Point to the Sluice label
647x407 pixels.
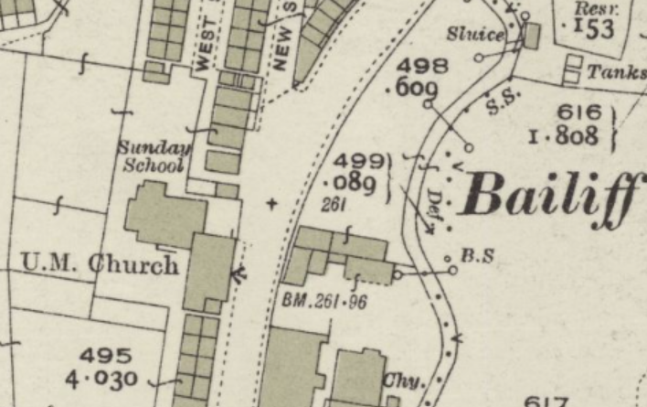(475, 35)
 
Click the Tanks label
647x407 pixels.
(616, 71)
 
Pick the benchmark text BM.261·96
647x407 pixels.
(324, 299)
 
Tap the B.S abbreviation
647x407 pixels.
(477, 257)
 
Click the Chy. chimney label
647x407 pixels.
(404, 380)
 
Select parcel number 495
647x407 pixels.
(105, 355)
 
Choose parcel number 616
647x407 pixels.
(578, 112)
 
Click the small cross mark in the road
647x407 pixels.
(270, 203)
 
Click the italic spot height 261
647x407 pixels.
(334, 206)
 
